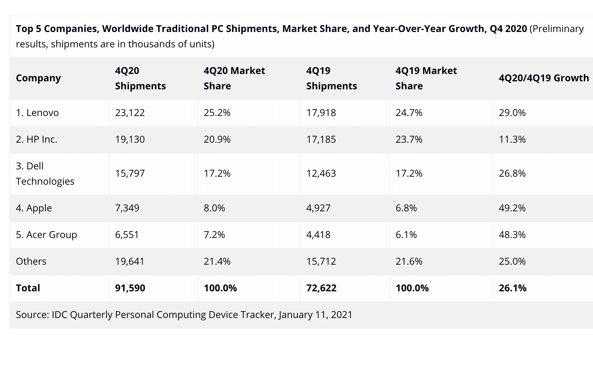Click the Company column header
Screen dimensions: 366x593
pos(38,78)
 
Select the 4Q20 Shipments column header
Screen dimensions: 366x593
pos(140,78)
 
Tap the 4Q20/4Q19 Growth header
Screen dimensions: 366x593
pos(544,78)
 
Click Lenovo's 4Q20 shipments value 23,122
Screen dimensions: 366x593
pos(130,113)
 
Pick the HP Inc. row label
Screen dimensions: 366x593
pos(37,139)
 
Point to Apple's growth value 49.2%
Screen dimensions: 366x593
pos(512,208)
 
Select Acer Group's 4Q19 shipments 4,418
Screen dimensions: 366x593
pos(318,235)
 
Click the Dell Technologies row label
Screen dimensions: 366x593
pos(45,174)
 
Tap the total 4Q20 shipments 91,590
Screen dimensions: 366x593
pos(130,288)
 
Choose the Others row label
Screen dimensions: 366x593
pos(31,261)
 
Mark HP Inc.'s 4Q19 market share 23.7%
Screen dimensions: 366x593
pos(409,139)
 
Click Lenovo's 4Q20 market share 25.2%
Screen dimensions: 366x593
pos(217,113)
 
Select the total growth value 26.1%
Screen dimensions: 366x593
pos(512,288)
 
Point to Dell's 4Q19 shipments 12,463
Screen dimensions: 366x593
pos(321,173)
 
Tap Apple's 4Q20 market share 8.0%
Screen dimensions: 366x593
pos(214,208)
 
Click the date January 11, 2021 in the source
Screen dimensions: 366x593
pos(315,315)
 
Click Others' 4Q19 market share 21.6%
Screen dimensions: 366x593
pos(409,261)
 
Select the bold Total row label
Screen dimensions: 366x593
pos(28,288)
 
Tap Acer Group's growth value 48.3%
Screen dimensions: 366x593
pos(512,235)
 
